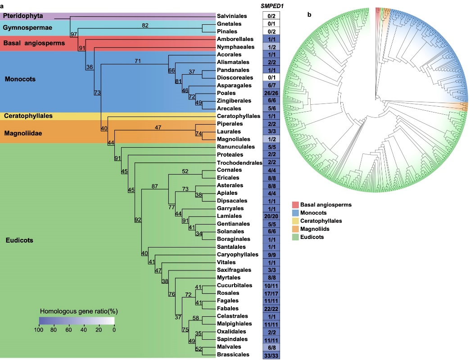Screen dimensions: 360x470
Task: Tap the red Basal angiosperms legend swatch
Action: coord(296,205)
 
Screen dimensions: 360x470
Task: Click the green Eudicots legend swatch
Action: coord(296,237)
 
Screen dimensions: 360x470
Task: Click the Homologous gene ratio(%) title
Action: coord(77,311)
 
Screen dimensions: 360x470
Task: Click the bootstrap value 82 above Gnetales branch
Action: coord(145,26)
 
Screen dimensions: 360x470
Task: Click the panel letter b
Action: coord(309,14)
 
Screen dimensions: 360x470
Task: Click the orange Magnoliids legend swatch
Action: coord(296,229)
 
